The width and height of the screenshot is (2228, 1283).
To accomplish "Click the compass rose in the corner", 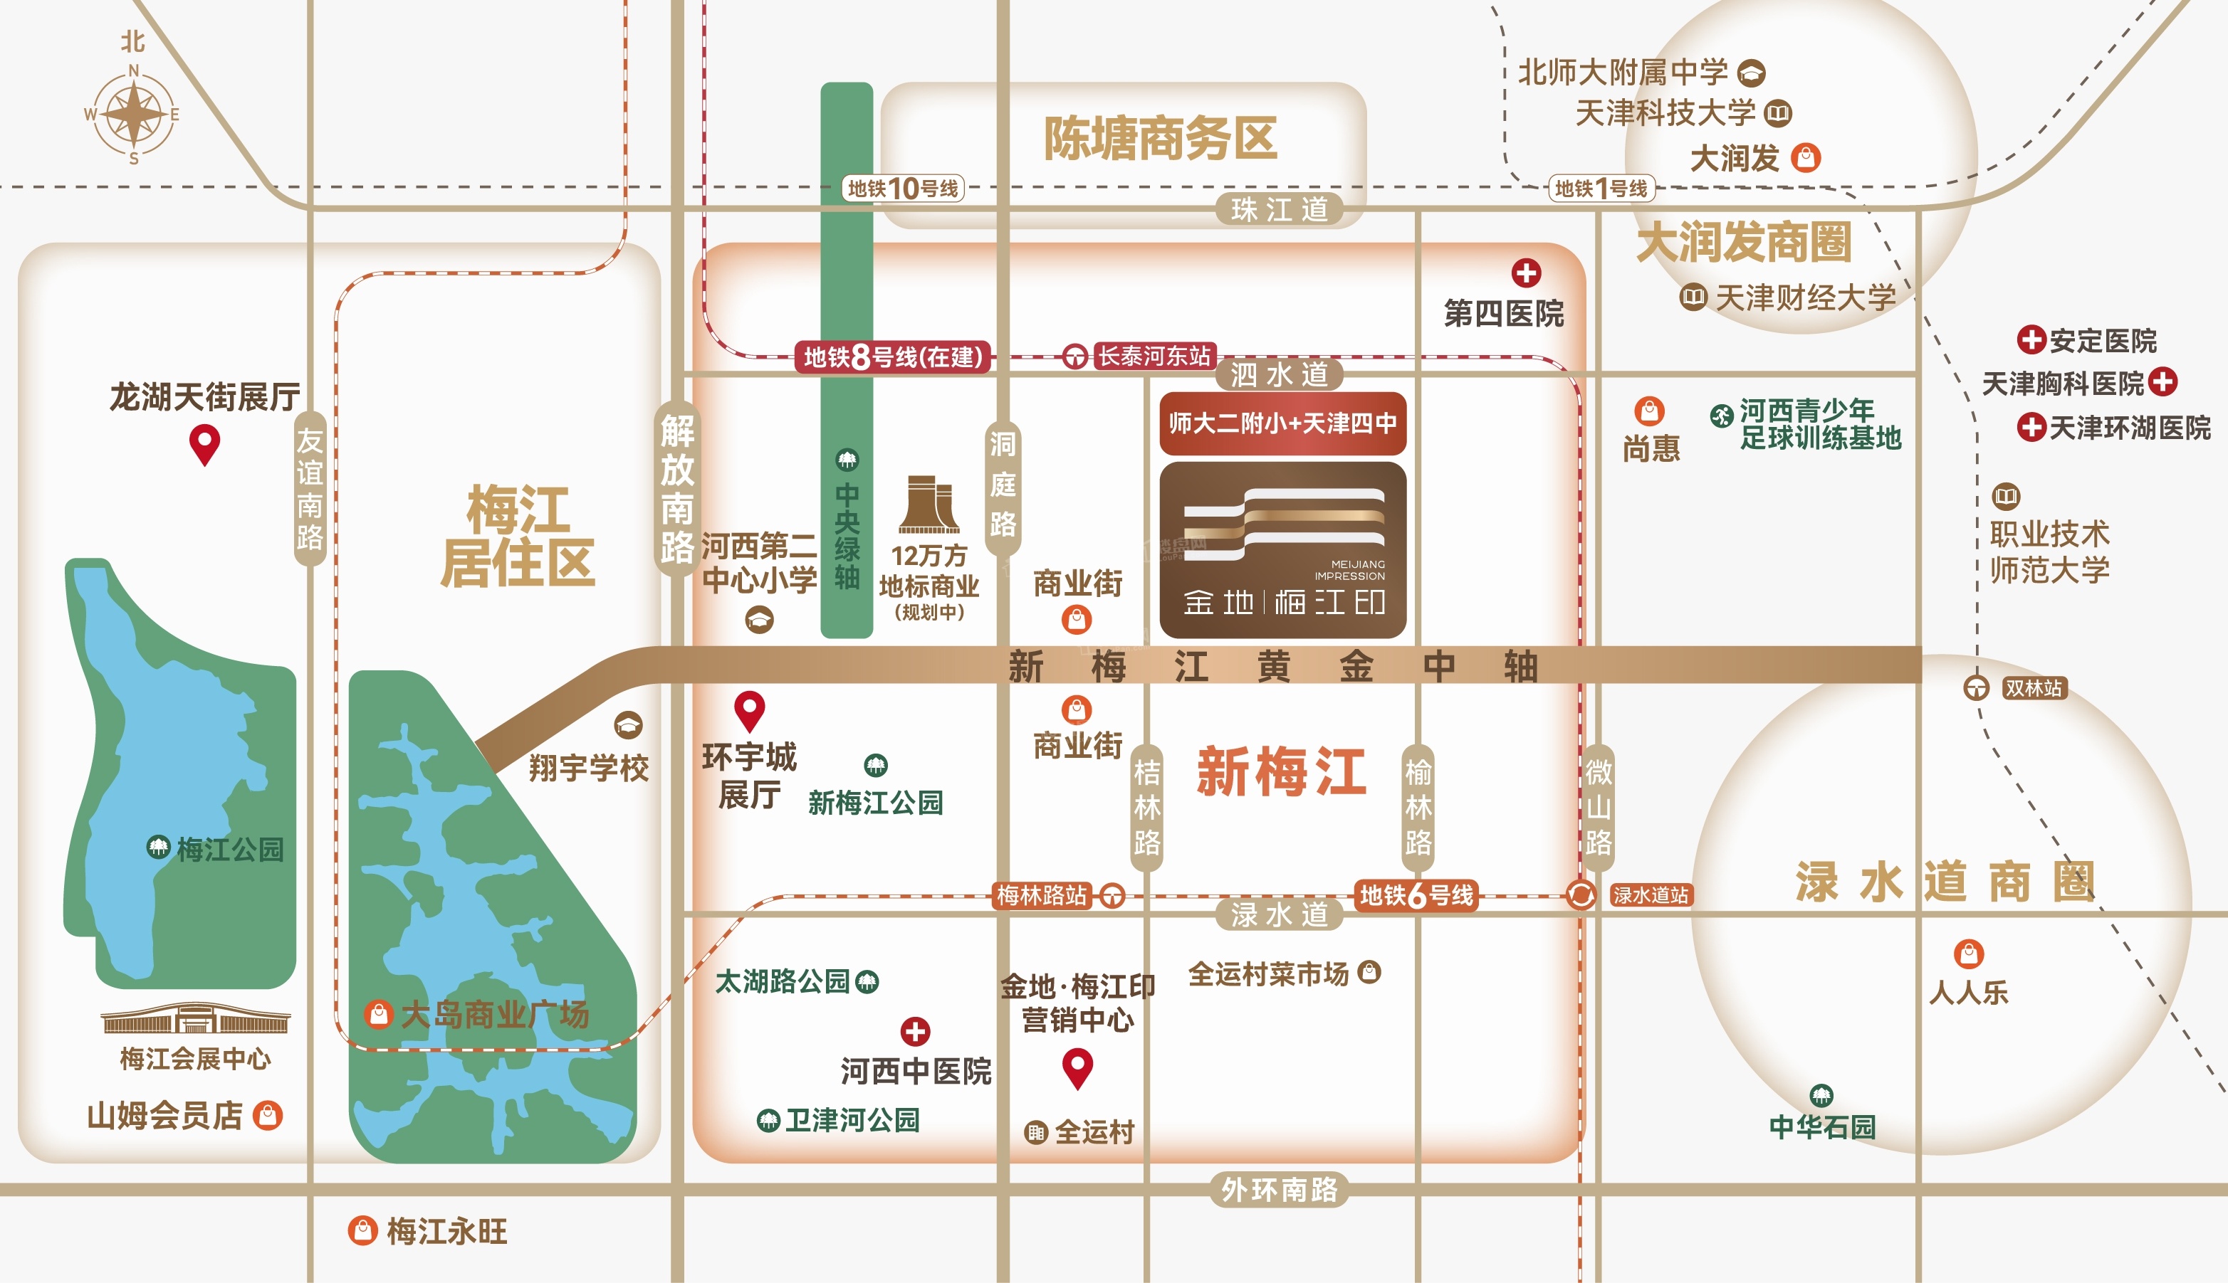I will [x=133, y=114].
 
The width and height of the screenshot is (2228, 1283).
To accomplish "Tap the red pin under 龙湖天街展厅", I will [x=204, y=444].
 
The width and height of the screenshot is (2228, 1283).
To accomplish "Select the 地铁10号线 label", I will [x=903, y=189].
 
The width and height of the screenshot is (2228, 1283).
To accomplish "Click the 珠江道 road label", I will [x=1280, y=210].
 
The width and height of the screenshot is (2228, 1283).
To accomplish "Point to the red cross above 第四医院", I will [x=1526, y=273].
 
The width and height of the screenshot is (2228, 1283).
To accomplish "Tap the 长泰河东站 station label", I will [x=1154, y=356].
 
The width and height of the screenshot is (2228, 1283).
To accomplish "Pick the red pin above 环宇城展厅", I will [x=749, y=710].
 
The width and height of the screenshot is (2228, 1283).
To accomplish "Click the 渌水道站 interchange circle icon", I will [x=1581, y=895].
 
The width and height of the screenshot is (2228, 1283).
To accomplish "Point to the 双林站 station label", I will [x=2033, y=688].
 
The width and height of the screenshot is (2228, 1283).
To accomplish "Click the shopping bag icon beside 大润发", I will [x=1806, y=158].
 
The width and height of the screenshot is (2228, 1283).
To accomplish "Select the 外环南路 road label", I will [x=1280, y=1190].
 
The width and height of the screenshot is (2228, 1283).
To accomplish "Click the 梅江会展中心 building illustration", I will [x=195, y=1020].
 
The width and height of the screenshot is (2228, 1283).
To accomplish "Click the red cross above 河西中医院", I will [x=915, y=1031].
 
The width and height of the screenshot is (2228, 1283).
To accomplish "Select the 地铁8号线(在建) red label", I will [x=893, y=357].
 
